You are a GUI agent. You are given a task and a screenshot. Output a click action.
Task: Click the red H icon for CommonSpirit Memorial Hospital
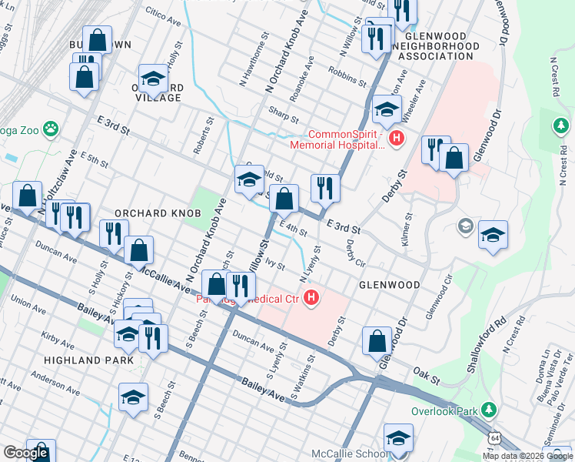click(396, 139)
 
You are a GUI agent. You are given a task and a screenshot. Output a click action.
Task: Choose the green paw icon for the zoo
click(51, 129)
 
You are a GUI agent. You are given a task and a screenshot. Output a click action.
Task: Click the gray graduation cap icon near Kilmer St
click(465, 226)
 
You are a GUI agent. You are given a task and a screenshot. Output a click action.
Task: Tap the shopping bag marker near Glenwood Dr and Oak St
click(377, 340)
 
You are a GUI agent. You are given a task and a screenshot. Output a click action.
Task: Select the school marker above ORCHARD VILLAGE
click(153, 77)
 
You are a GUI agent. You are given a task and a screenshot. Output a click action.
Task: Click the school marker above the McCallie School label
click(397, 438)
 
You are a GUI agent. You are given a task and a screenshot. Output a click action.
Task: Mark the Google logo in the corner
click(25, 453)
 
